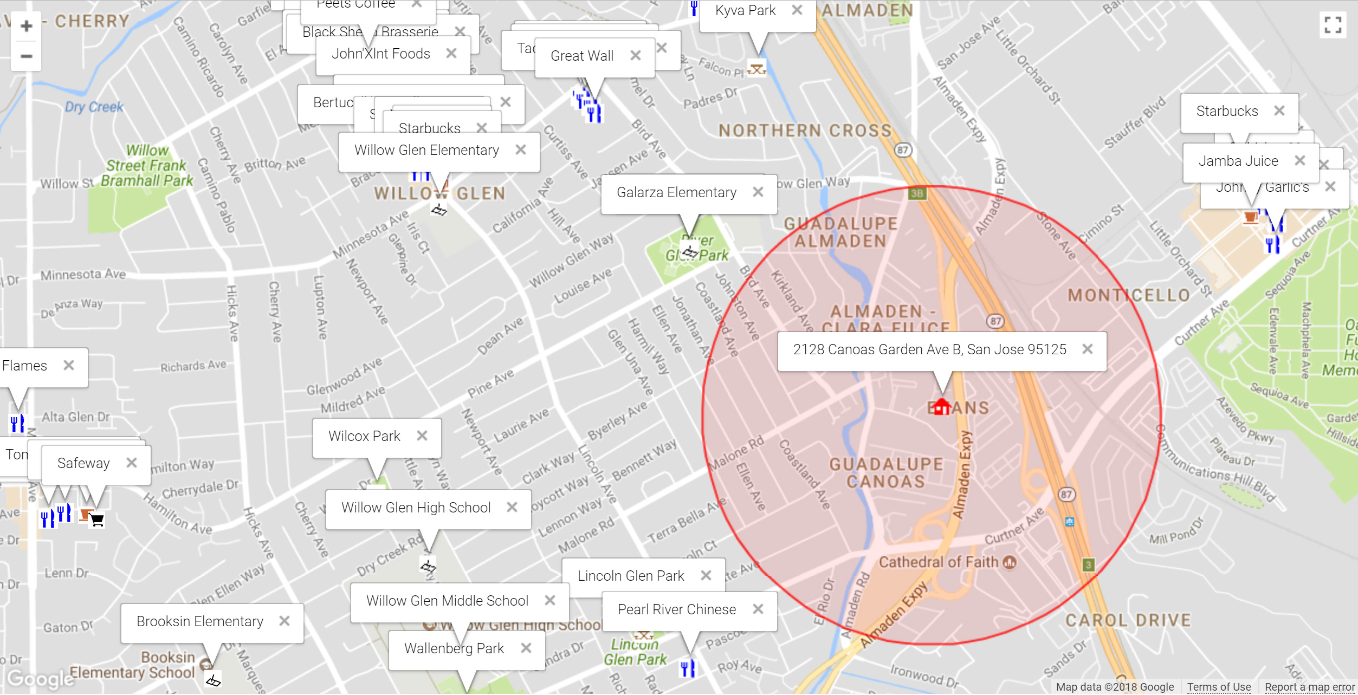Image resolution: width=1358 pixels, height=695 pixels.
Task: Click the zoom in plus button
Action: pos(26,26)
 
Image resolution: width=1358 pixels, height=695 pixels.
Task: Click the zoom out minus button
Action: pos(26,56)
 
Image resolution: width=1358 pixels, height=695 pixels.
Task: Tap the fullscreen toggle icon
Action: pos(1333,25)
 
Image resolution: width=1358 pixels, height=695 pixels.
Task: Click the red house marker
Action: pos(942,406)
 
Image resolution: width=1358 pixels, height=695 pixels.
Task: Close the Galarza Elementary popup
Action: pos(758,192)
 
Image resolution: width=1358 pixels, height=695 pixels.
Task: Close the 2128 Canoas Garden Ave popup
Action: pos(1087,349)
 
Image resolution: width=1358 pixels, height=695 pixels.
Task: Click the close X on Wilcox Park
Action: pos(422,436)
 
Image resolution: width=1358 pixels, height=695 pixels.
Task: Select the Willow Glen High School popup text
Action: pos(416,508)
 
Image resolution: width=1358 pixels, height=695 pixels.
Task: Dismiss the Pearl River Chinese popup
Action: pos(758,609)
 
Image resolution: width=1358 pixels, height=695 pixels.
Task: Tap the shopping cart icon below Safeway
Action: pos(97,520)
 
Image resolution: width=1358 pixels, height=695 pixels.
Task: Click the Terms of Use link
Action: pos(1219,687)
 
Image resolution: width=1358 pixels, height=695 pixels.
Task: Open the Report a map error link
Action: pos(1309,687)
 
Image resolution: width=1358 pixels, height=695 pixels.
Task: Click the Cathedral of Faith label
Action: pos(939,562)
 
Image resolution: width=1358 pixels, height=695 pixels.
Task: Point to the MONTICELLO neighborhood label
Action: pos(1129,295)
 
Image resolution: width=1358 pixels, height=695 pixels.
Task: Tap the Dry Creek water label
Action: pos(94,107)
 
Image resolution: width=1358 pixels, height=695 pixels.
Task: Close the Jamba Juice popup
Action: pos(1299,161)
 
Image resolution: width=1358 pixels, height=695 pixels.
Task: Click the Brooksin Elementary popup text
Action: pos(199,621)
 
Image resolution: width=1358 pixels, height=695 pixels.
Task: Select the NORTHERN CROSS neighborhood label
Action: pos(805,131)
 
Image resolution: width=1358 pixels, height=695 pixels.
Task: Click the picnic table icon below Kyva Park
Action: pos(756,69)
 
